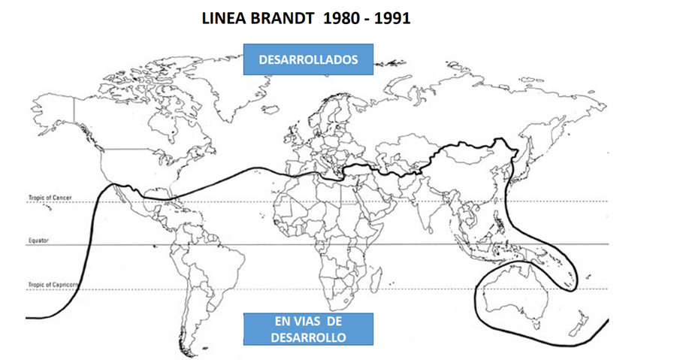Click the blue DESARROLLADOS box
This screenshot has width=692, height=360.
coord(308,59)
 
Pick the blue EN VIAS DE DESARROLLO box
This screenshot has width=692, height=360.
coord(308,329)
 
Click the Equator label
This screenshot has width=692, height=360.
coord(38,241)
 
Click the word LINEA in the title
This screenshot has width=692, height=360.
coord(223,19)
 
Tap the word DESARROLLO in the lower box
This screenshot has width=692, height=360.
coord(308,337)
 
